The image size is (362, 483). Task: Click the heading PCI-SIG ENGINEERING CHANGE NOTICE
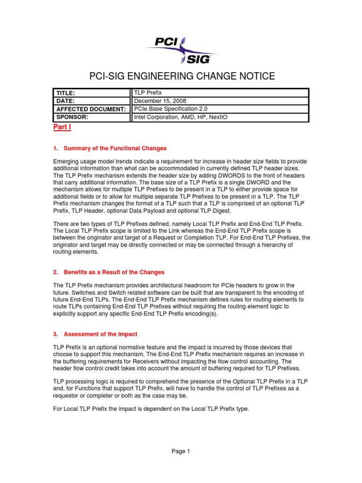(181, 77)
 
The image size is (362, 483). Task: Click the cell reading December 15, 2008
(160, 101)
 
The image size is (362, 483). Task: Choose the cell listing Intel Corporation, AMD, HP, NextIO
(181, 117)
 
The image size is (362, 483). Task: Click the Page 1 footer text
(181, 451)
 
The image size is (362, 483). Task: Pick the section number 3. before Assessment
(56, 334)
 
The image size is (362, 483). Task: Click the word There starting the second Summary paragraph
(61, 224)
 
